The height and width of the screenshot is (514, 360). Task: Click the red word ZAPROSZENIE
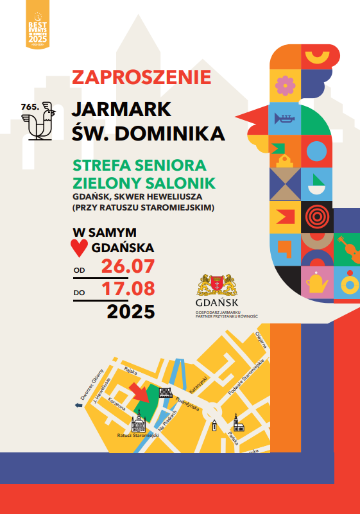coord(141,77)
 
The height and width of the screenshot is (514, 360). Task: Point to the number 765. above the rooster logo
coord(29,104)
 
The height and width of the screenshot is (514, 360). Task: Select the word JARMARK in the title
coord(121,108)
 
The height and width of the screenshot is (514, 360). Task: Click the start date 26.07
coord(128,266)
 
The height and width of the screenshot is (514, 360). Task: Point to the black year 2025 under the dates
coord(131,312)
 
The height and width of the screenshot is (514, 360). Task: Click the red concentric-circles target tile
coord(317,217)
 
